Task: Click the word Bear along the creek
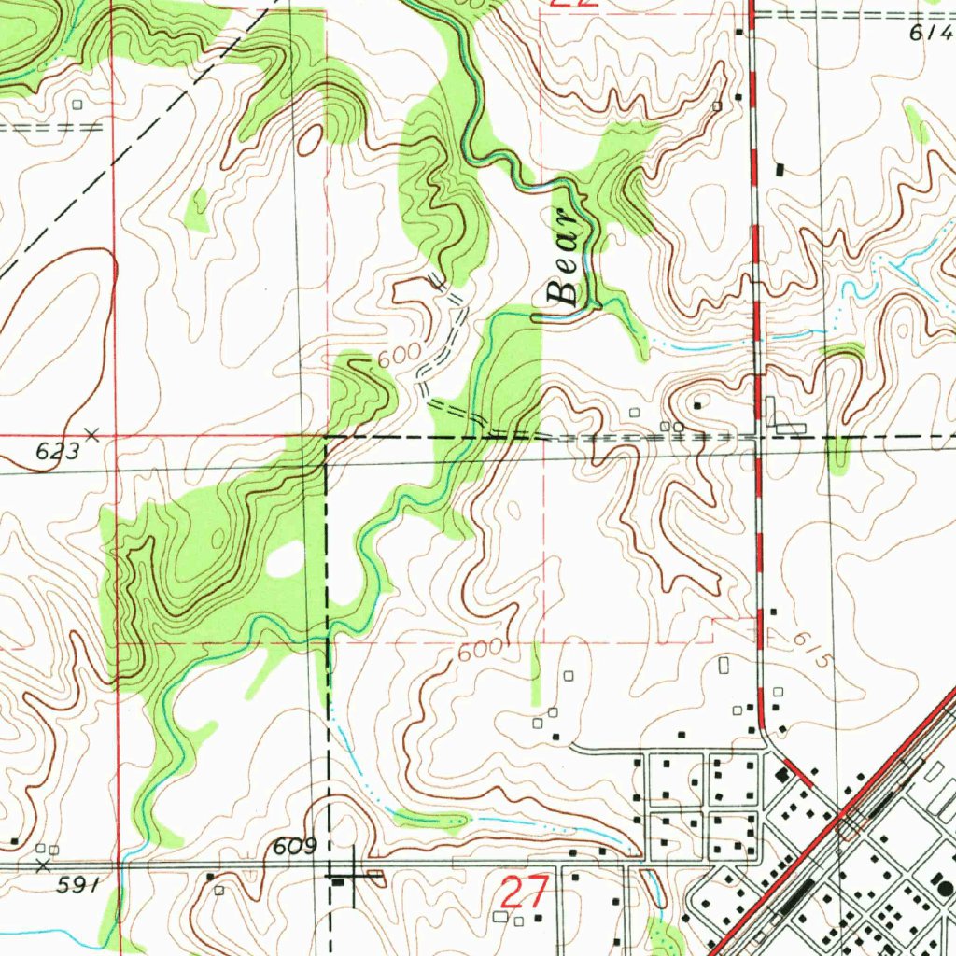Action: [x=566, y=279]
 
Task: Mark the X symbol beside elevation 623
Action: [x=91, y=433]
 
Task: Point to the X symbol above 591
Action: [x=41, y=865]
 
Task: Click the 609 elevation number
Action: [x=294, y=847]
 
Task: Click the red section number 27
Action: [x=523, y=893]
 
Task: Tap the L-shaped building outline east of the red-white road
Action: [x=782, y=417]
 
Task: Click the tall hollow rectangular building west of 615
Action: [x=724, y=666]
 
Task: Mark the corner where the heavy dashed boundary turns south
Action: [x=326, y=436]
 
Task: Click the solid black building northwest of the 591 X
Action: [x=14, y=842]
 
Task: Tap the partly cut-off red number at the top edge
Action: [x=571, y=4]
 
